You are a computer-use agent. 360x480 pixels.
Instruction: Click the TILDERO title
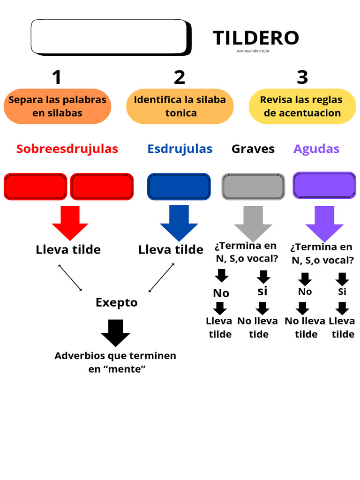tap(255, 38)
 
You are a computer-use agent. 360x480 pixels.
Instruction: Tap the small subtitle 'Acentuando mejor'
tap(253, 51)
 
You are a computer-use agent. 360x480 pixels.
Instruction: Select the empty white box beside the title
tap(110, 37)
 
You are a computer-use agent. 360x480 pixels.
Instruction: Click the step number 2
tap(180, 77)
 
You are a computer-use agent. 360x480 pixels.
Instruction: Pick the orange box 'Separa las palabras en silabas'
tap(57, 106)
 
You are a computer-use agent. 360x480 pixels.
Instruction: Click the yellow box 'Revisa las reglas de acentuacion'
tap(301, 106)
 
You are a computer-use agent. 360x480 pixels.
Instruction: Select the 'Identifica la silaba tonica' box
tap(180, 106)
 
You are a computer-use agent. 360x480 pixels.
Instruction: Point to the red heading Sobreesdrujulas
tap(67, 149)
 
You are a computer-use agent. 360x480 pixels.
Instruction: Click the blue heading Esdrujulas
tap(180, 149)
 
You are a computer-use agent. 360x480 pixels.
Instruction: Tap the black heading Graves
tap(253, 149)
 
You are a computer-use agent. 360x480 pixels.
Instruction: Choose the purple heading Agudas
tap(316, 149)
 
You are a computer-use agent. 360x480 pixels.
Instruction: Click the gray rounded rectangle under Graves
tap(253, 186)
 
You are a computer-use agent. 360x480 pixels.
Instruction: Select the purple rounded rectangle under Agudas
tap(324, 186)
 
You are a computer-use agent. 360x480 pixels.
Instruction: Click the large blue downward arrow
tap(179, 222)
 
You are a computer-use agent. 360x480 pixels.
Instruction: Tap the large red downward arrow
tap(70, 222)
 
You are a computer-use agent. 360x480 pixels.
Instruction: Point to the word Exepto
tap(117, 302)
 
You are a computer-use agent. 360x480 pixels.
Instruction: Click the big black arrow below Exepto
tap(115, 332)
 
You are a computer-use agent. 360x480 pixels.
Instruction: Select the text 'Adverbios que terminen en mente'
tap(115, 362)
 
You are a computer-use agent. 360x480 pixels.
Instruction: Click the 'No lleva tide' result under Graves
tap(257, 328)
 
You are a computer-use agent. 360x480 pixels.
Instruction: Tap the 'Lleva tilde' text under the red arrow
tap(68, 250)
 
